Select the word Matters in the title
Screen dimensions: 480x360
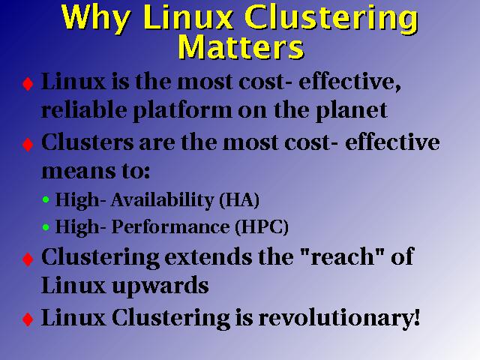tap(241, 46)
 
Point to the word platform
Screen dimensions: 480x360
tap(182, 111)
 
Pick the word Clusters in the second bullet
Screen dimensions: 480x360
tap(88, 142)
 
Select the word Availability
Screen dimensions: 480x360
tap(162, 201)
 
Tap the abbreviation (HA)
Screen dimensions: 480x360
tap(239, 200)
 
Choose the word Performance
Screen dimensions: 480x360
tap(170, 226)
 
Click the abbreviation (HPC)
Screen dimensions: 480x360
tap(262, 226)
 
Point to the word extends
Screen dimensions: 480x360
tap(208, 256)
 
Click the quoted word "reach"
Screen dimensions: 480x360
tap(343, 256)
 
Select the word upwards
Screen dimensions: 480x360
tap(160, 286)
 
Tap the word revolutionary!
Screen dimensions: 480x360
tap(339, 318)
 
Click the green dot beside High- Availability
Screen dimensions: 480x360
tap(46, 200)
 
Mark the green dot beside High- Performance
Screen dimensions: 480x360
tap(46, 227)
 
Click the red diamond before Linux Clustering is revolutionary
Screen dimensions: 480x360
tap(28, 319)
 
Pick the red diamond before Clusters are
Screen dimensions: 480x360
tap(28, 145)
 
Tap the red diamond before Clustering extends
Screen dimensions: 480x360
tap(28, 259)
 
